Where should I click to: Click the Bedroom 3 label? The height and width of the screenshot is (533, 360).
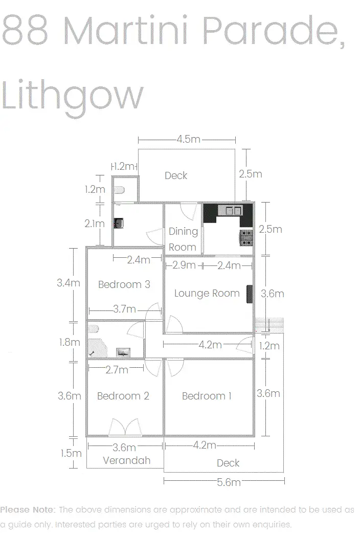pyautogui.click(x=124, y=284)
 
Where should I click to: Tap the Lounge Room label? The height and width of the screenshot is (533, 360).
pyautogui.click(x=207, y=293)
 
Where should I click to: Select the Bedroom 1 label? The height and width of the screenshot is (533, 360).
pyautogui.click(x=207, y=396)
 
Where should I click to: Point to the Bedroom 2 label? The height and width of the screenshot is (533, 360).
pyautogui.click(x=123, y=396)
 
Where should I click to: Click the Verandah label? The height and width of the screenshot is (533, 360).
pyautogui.click(x=126, y=460)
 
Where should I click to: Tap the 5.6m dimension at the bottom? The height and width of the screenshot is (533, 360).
pyautogui.click(x=229, y=482)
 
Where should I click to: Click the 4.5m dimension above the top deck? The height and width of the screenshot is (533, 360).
pyautogui.click(x=188, y=139)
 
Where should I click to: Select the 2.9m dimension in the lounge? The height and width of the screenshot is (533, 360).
pyautogui.click(x=184, y=265)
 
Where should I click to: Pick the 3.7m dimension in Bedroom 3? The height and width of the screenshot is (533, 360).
pyautogui.click(x=124, y=309)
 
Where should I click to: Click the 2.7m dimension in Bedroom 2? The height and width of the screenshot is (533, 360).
pyautogui.click(x=117, y=369)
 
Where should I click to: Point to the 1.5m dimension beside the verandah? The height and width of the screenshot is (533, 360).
pyautogui.click(x=71, y=453)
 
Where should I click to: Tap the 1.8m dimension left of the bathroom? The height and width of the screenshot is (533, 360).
pyautogui.click(x=70, y=342)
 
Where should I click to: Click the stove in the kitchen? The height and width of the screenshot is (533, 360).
pyautogui.click(x=246, y=238)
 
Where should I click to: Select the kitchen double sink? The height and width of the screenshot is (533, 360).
pyautogui.click(x=233, y=211)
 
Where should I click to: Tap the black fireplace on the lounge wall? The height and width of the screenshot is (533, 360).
pyautogui.click(x=250, y=294)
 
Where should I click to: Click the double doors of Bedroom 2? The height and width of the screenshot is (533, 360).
pyautogui.click(x=125, y=427)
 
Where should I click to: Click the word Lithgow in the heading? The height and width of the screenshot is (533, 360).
pyautogui.click(x=72, y=96)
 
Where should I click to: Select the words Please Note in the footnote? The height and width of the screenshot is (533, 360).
pyautogui.click(x=28, y=509)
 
